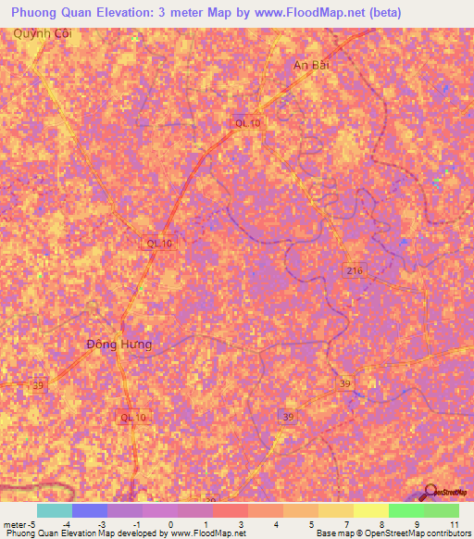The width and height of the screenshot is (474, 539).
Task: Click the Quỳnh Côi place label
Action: coord(41,33)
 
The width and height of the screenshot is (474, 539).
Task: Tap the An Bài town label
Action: coord(311,66)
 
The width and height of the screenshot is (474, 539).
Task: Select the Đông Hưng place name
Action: coord(118,345)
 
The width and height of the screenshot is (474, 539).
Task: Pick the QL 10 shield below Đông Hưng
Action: coord(133,418)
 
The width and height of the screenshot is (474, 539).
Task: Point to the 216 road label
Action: coord(357,270)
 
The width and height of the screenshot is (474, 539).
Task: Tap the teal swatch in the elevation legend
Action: coord(54,510)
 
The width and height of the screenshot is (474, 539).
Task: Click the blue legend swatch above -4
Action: coord(89,510)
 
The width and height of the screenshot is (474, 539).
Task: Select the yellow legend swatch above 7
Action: coord(335,510)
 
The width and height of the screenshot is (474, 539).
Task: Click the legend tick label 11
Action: coord(455,524)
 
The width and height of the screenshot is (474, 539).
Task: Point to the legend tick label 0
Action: coord(170,524)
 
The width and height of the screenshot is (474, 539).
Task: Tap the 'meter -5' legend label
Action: coord(19,524)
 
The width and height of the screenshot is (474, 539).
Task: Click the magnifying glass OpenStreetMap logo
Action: coord(431,492)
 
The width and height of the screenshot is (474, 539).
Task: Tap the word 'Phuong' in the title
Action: coord(36,10)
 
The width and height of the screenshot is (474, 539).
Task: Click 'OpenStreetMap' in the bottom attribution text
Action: coord(379,533)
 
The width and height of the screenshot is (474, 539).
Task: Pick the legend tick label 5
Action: coord(312,524)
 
